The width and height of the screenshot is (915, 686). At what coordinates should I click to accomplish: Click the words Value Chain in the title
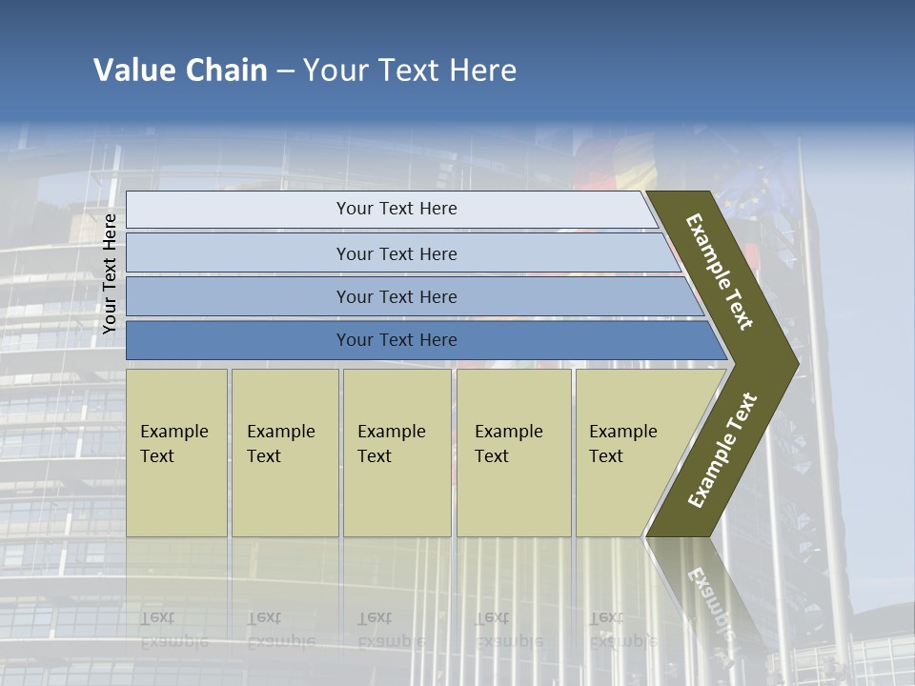tap(180, 71)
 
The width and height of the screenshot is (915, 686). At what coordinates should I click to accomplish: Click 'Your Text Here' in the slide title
tap(410, 71)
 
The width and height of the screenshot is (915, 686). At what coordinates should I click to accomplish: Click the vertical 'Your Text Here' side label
tap(110, 273)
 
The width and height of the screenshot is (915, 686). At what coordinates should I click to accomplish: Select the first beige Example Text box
tap(176, 453)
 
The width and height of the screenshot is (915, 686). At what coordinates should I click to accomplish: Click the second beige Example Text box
tap(284, 453)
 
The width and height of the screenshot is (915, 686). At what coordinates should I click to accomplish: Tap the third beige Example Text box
tap(396, 453)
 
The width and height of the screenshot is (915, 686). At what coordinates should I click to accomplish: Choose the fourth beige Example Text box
tap(513, 453)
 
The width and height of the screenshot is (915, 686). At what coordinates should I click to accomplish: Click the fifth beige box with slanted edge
tap(629, 453)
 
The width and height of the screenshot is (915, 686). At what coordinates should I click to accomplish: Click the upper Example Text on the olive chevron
tap(720, 272)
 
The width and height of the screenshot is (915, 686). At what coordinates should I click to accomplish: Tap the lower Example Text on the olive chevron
tap(722, 450)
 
